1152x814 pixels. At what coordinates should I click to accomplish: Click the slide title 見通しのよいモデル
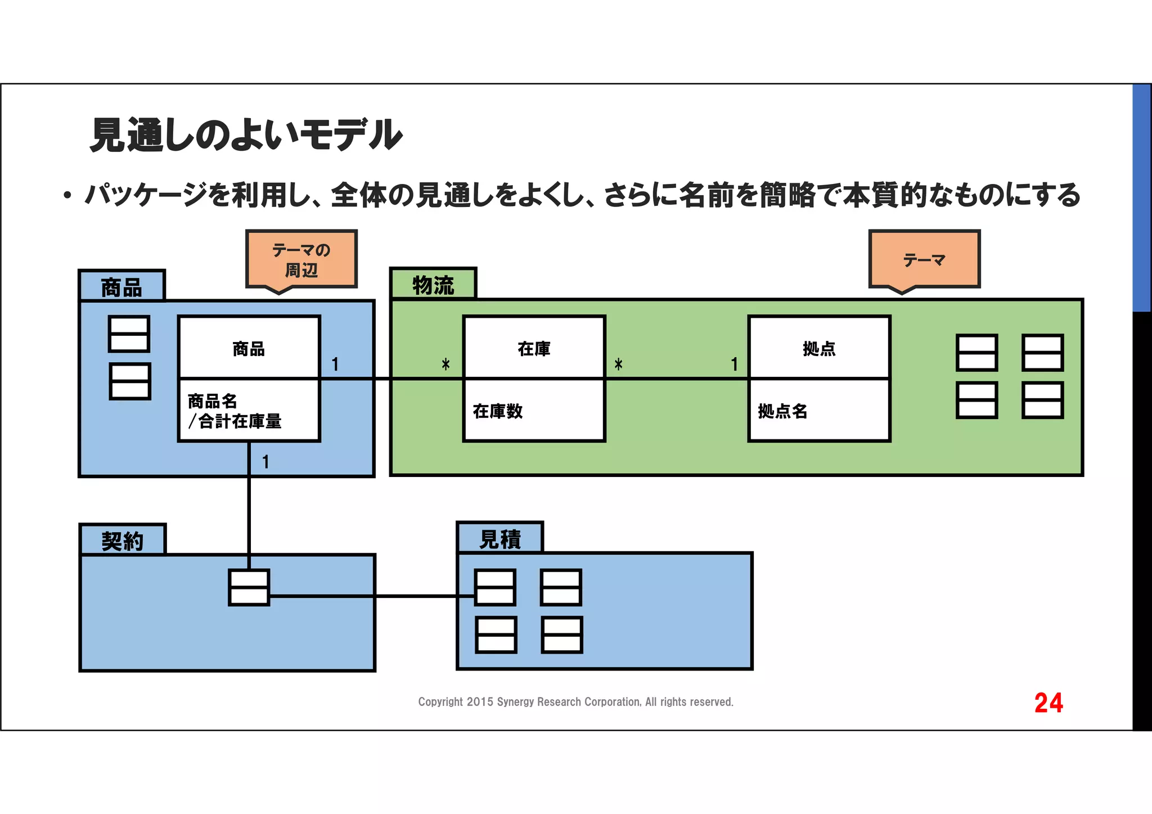point(246,135)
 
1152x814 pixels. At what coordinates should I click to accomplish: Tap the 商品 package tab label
point(121,287)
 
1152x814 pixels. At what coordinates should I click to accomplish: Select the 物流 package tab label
point(433,285)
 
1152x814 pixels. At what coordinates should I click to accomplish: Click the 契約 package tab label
point(122,541)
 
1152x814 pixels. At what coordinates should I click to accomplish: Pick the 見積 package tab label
point(499,539)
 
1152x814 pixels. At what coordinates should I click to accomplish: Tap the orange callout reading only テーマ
point(924,260)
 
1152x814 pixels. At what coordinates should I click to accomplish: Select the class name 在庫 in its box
point(534,349)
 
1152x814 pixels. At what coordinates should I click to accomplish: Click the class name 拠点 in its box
point(819,349)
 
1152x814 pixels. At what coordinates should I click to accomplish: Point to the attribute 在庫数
point(498,411)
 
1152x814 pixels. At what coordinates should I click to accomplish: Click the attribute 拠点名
point(782,411)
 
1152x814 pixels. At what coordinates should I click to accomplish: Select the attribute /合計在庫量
point(235,421)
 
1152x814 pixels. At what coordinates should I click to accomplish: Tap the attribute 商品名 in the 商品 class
point(213,401)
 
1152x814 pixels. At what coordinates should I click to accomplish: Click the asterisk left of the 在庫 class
point(445,365)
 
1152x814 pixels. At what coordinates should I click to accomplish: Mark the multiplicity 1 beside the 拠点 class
point(734,365)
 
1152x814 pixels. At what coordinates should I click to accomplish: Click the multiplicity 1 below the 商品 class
point(265,462)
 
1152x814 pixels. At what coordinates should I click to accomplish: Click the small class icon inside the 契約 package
point(249,587)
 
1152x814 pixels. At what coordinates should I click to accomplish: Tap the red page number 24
point(1048,703)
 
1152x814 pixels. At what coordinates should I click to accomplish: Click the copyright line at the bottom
point(575,702)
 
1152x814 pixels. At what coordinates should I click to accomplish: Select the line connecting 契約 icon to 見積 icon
point(371,596)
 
